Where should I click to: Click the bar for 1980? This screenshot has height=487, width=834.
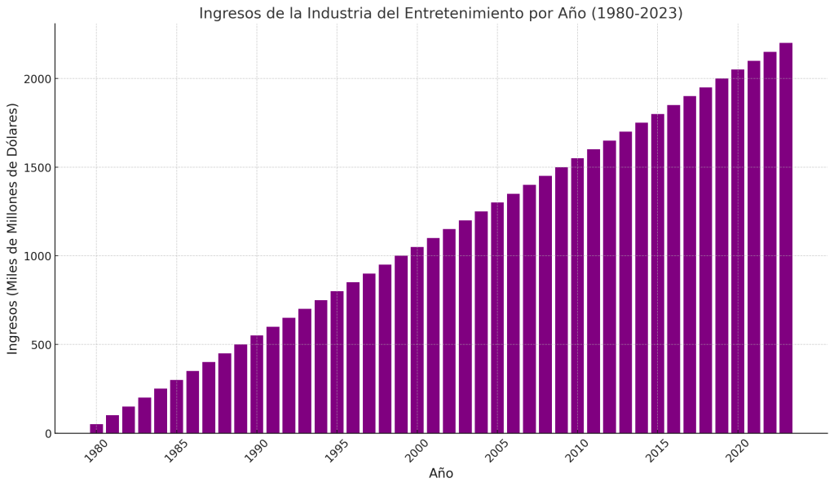pyautogui.click(x=96, y=428)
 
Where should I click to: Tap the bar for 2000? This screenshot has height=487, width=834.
pyautogui.click(x=417, y=340)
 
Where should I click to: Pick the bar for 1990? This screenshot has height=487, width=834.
pyautogui.click(x=257, y=384)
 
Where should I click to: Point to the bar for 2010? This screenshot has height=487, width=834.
pyautogui.click(x=577, y=295)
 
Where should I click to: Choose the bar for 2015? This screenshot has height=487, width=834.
pyautogui.click(x=657, y=273)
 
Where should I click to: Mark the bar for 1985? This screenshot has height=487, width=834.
pyautogui.click(x=176, y=406)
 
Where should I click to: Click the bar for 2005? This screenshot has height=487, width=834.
pyautogui.click(x=497, y=317)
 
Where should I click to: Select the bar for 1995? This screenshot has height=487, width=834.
pyautogui.click(x=337, y=362)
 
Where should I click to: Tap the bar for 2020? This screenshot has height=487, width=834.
pyautogui.click(x=738, y=251)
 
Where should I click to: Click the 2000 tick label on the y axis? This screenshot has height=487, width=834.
pyautogui.click(x=37, y=79)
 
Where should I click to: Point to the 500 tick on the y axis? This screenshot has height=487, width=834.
pyautogui.click(x=40, y=345)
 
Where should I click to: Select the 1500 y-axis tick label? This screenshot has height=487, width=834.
pyautogui.click(x=37, y=168)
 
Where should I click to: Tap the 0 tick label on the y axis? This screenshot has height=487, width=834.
pyautogui.click(x=47, y=434)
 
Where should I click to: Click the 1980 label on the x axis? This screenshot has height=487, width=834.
pyautogui.click(x=95, y=451)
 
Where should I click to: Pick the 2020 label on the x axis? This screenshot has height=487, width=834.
pyautogui.click(x=737, y=451)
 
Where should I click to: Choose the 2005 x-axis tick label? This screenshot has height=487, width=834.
pyautogui.click(x=496, y=451)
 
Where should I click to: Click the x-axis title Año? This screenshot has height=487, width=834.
pyautogui.click(x=441, y=474)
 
